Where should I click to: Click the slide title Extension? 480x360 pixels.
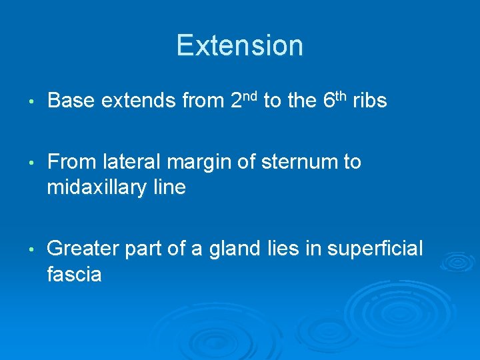coord(240,45)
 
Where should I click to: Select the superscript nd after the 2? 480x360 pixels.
coord(251,96)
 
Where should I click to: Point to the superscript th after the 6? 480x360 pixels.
coord(340,96)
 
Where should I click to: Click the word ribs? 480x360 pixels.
coord(369,101)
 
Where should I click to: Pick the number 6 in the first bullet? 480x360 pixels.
coord(328,101)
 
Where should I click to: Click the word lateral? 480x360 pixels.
coord(129,162)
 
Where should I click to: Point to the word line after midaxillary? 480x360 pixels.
coord(169,187)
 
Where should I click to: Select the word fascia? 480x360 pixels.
coord(74,274)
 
